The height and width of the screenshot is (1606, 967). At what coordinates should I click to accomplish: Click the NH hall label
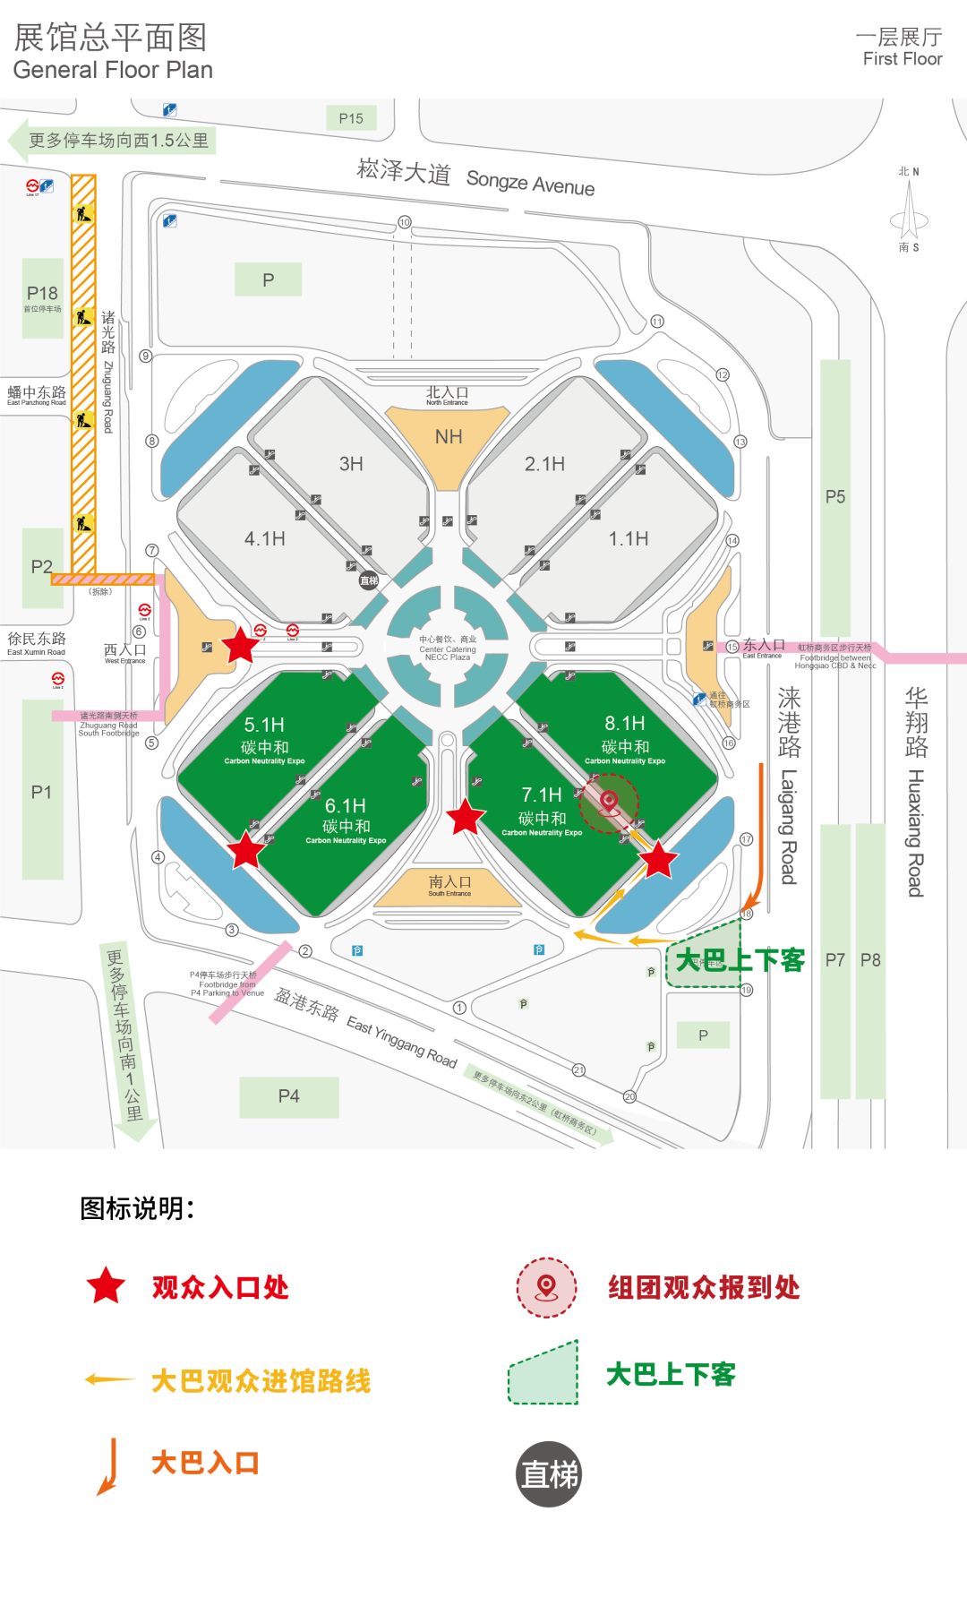pyautogui.click(x=449, y=437)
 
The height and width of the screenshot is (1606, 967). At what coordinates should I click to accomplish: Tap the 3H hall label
pyautogui.click(x=351, y=464)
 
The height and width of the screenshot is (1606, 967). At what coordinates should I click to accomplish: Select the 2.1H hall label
pyautogui.click(x=544, y=464)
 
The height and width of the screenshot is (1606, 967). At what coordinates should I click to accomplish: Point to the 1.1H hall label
pyautogui.click(x=629, y=538)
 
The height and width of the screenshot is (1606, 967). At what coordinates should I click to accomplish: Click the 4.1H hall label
pyautogui.click(x=265, y=538)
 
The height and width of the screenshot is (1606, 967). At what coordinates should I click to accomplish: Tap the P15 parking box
pyautogui.click(x=351, y=118)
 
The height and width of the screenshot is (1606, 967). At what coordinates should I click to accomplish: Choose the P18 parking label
pyautogui.click(x=42, y=294)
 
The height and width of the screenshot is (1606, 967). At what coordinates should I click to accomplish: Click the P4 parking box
pyautogui.click(x=288, y=1096)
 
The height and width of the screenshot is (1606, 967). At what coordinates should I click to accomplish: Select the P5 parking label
pyautogui.click(x=835, y=497)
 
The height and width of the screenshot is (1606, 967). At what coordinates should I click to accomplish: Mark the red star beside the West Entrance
pyautogui.click(x=240, y=645)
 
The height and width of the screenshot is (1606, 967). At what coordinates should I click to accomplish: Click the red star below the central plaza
pyautogui.click(x=466, y=817)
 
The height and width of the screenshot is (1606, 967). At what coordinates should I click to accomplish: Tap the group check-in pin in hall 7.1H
pyautogui.click(x=609, y=803)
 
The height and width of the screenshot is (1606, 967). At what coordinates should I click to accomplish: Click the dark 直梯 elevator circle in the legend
pyautogui.click(x=550, y=1474)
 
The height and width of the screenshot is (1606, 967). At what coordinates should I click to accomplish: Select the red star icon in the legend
pyautogui.click(x=106, y=1286)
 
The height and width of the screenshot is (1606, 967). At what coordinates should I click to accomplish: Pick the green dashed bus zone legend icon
pyautogui.click(x=544, y=1374)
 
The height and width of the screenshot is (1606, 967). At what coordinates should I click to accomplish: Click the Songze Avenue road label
pyautogui.click(x=530, y=182)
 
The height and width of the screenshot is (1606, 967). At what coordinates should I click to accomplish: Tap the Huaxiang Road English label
pyautogui.click(x=915, y=833)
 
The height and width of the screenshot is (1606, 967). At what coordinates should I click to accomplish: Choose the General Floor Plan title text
pyautogui.click(x=113, y=70)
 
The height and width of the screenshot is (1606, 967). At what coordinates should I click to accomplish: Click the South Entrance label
pyautogui.click(x=449, y=886)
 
